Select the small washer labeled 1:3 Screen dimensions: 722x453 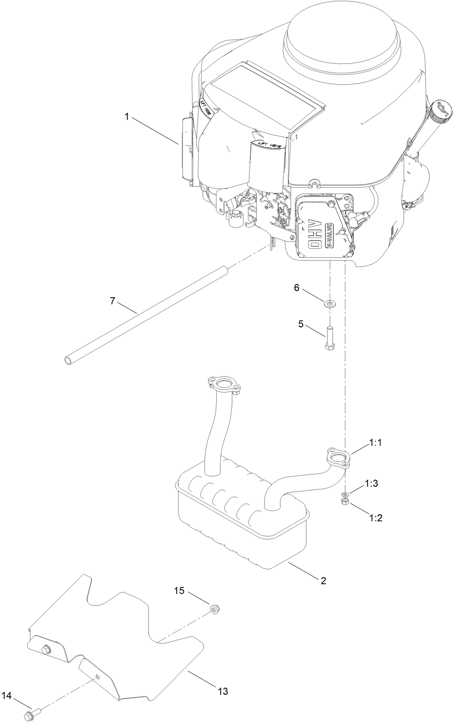click(x=346, y=493)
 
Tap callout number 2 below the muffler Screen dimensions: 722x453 click(x=323, y=580)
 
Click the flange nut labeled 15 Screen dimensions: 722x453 click(x=215, y=609)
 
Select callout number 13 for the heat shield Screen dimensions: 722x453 click(x=223, y=691)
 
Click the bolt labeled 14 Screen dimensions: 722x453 click(x=32, y=712)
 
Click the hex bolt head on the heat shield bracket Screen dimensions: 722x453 click(x=46, y=649)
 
